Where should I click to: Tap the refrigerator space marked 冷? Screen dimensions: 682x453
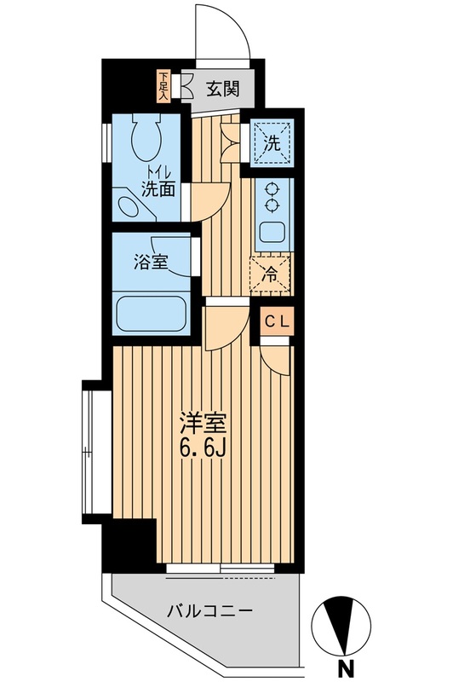coord(271,274)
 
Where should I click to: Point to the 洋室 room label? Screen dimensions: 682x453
coord(198,422)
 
